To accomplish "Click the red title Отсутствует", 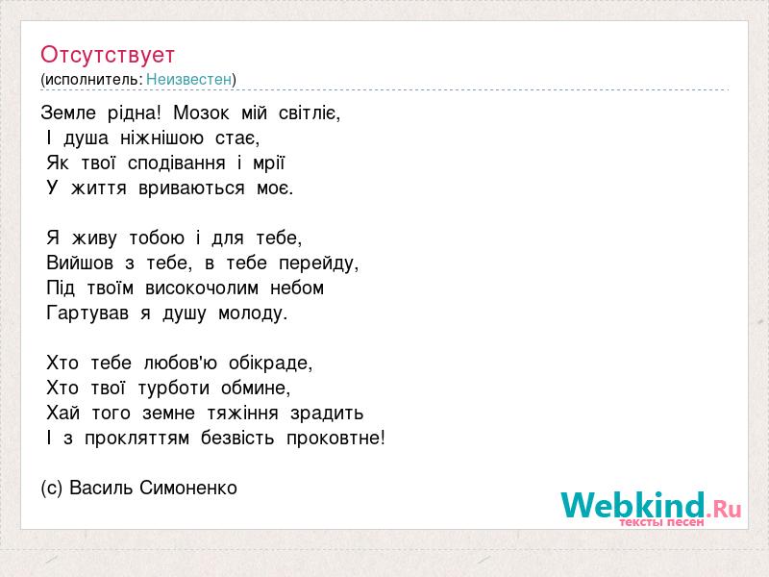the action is (x=108, y=55).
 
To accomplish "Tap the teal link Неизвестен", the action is (x=188, y=79).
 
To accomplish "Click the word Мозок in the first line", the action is (x=201, y=113).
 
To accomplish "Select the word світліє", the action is (x=309, y=113).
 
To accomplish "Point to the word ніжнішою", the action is (x=161, y=138).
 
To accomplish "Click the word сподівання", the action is (x=177, y=163).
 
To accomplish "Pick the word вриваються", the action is (x=191, y=188).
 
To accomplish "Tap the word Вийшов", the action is (x=80, y=263).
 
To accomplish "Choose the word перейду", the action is (x=319, y=263).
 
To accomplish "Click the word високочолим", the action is (x=202, y=288).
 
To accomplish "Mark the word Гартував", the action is (x=87, y=314).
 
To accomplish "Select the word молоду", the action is (x=253, y=314).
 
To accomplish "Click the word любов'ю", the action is (x=181, y=364).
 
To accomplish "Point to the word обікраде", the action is (x=271, y=364).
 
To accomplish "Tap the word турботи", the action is (x=174, y=389).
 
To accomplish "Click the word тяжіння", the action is (x=243, y=414).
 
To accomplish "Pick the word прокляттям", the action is (x=136, y=439).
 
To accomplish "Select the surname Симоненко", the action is (x=188, y=488).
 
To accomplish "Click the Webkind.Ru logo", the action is (x=651, y=506).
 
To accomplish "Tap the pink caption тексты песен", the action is (x=661, y=522).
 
